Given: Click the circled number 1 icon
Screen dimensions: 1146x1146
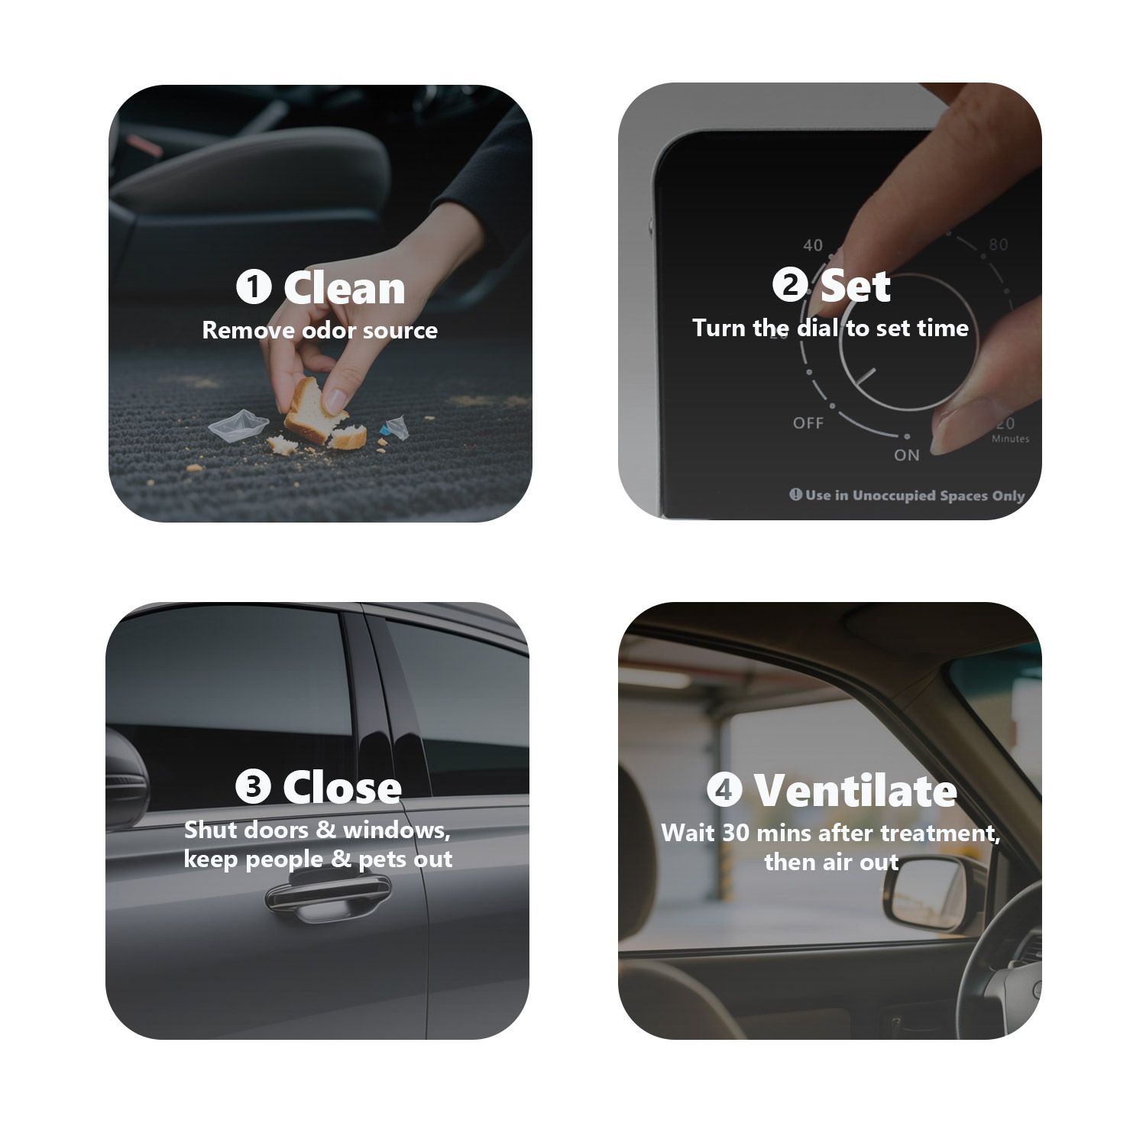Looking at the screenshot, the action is click(254, 288).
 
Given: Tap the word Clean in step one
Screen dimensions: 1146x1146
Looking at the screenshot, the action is click(345, 288).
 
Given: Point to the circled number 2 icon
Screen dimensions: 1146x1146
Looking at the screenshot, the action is click(790, 286).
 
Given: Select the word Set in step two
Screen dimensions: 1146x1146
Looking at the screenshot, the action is click(856, 286).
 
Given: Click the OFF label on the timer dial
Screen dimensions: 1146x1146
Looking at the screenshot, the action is click(808, 422).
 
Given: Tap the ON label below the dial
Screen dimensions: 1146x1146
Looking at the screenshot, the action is click(907, 455).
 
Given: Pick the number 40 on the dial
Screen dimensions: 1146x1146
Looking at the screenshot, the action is click(813, 244).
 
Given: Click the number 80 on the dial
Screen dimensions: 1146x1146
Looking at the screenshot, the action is click(998, 244).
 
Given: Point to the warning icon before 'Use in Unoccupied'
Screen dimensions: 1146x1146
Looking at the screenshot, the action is click(795, 494).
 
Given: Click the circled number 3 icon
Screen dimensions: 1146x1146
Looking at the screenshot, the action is click(253, 787).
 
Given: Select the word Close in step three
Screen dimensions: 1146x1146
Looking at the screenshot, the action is click(342, 787).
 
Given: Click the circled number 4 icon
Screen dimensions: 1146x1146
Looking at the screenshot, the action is click(724, 789).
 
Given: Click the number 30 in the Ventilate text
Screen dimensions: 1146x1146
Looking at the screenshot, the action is click(736, 832).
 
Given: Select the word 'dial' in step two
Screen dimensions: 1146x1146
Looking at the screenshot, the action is click(818, 328).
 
